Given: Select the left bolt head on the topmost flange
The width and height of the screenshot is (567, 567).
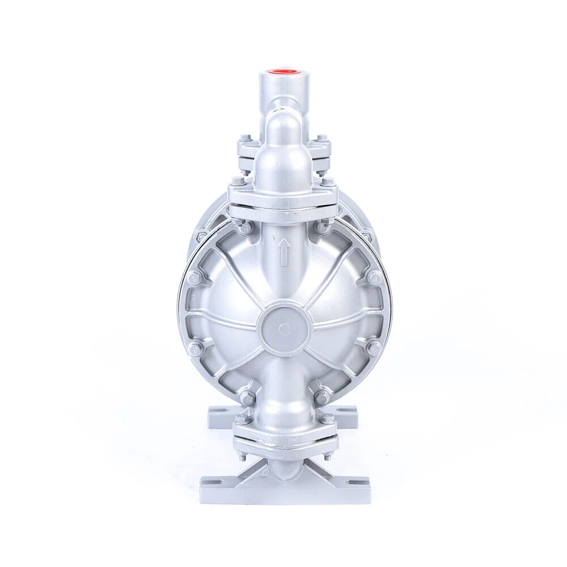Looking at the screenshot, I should (x=245, y=138).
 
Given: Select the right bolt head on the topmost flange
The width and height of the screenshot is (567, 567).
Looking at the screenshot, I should (x=321, y=138).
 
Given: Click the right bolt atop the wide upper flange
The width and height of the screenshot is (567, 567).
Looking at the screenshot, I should (x=328, y=181).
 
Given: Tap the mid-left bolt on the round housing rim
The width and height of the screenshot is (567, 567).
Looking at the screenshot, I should (x=194, y=278).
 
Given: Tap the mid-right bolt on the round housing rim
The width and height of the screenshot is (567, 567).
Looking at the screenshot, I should (x=374, y=278).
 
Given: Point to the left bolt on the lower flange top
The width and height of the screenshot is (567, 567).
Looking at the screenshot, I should (x=242, y=418).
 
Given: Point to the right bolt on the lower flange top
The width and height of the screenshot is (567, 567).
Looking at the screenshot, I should (x=327, y=418).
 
